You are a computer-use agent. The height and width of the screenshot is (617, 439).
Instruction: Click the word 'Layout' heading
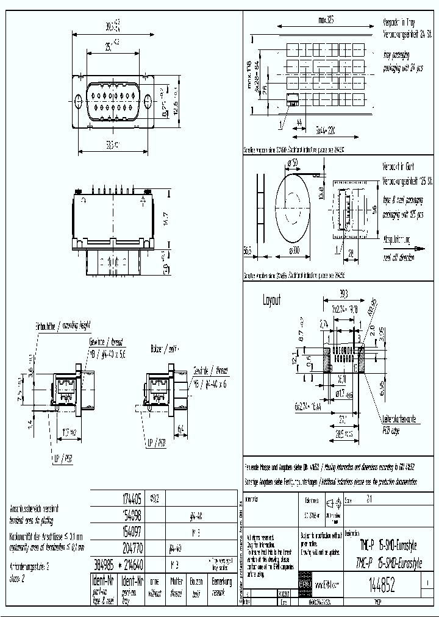click(x=272, y=301)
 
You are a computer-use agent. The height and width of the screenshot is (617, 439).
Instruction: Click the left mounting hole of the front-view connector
click(x=79, y=102)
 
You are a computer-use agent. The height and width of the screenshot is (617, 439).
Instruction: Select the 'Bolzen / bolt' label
click(x=165, y=348)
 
